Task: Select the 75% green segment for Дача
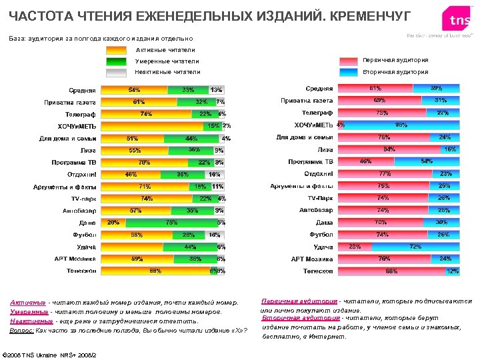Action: pos(171,223)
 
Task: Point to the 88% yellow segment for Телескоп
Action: pos(155,271)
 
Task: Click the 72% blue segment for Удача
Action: pos(415,247)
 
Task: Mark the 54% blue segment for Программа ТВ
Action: pos(427,161)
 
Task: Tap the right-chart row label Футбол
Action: pos(321,235)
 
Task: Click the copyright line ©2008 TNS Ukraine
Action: pos(50,354)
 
